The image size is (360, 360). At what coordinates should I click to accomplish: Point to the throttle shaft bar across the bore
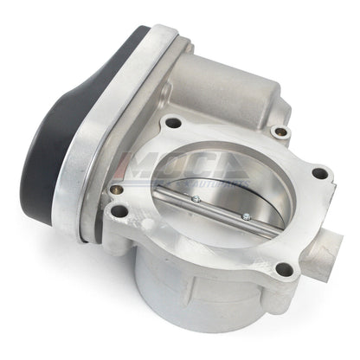[222, 208]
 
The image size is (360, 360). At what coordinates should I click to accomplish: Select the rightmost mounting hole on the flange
[319, 173]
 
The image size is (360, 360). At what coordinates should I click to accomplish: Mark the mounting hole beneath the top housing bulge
[279, 132]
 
